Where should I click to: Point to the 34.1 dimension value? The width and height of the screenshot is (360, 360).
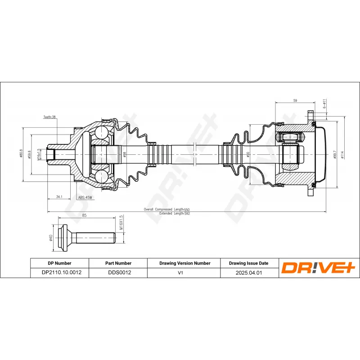pos(59,196)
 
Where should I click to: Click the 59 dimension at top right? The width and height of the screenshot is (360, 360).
pos(295,101)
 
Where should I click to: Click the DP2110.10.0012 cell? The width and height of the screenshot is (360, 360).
pos(59,272)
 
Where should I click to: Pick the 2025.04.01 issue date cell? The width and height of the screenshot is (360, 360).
pos(249,272)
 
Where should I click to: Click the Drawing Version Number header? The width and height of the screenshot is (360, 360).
pos(184,263)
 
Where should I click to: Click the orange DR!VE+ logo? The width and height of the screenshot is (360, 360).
pos(319,268)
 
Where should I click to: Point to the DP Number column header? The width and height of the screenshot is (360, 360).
pos(59,263)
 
